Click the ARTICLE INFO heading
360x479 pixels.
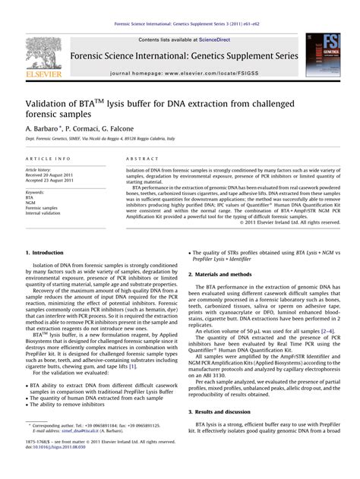49,157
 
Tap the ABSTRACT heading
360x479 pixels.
136,157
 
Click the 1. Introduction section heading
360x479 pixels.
50,252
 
